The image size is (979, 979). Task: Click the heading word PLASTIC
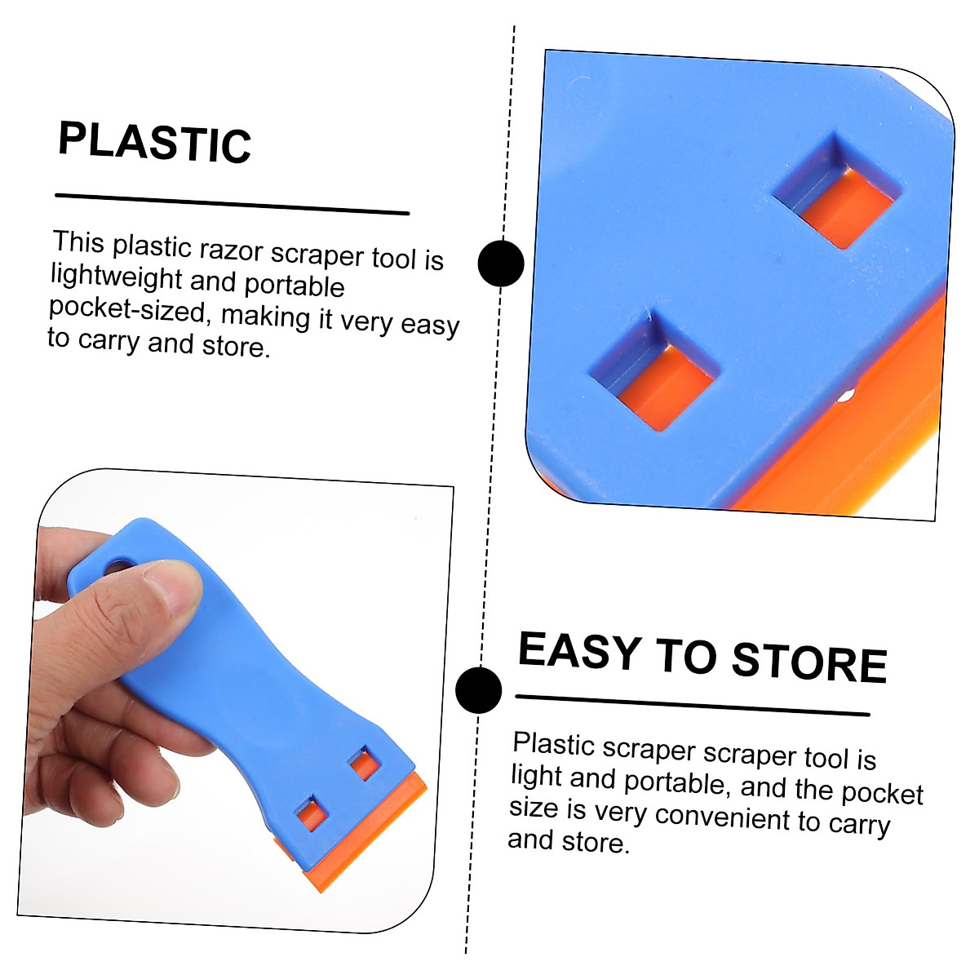tap(154, 144)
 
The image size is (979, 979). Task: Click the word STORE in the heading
tap(808, 662)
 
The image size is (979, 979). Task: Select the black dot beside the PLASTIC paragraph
tap(500, 264)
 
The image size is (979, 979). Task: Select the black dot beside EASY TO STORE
tap(479, 689)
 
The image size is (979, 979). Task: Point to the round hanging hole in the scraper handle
tap(122, 565)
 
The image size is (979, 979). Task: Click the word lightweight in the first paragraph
tap(116, 277)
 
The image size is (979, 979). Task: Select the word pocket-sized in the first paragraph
tap(126, 309)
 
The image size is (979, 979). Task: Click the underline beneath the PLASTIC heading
tap(232, 204)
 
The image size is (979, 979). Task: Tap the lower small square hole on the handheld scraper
tap(311, 813)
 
